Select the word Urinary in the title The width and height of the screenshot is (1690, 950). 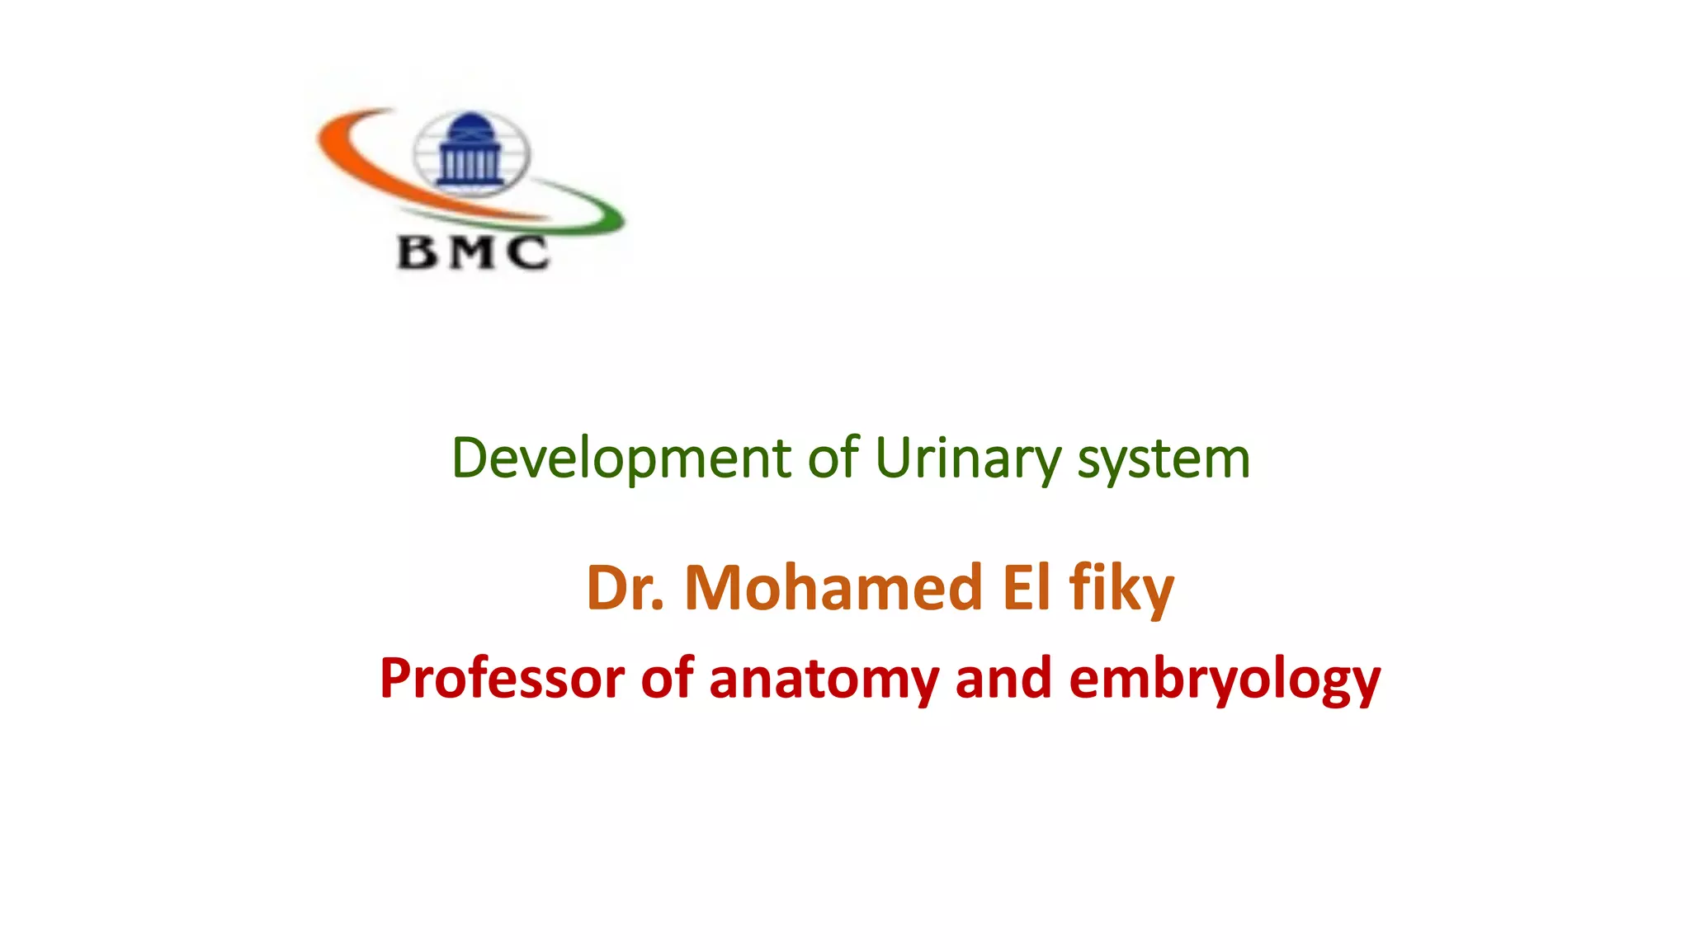point(968,459)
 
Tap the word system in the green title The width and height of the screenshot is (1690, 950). point(1164,459)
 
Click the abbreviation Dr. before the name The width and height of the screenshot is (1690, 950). point(625,588)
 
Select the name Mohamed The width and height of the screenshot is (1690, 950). point(833,588)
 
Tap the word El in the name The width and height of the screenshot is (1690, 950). point(1026,588)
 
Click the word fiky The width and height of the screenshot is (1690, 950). point(1121,590)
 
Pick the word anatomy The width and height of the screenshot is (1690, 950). point(824,679)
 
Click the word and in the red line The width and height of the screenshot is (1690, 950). point(1003,679)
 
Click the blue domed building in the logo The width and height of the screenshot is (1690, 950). point(470,153)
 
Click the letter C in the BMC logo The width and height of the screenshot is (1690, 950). point(528,252)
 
